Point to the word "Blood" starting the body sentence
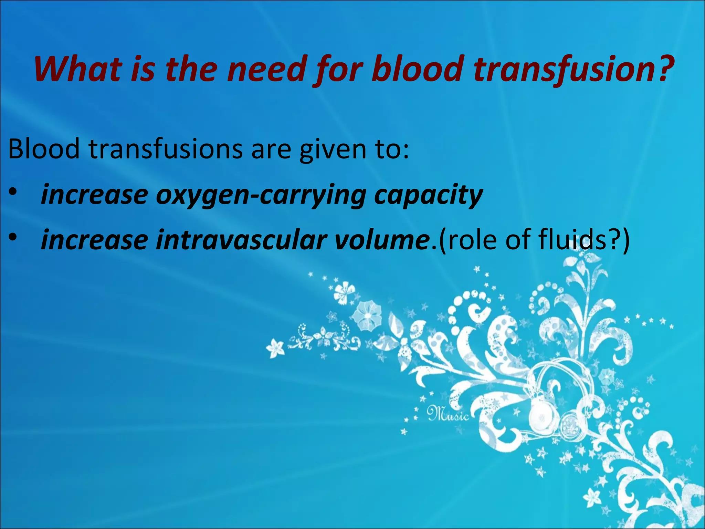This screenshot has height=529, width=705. click(44, 149)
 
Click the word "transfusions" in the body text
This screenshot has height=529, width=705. click(166, 149)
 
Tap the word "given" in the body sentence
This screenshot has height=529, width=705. click(333, 149)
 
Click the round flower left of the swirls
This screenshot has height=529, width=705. click(368, 315)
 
